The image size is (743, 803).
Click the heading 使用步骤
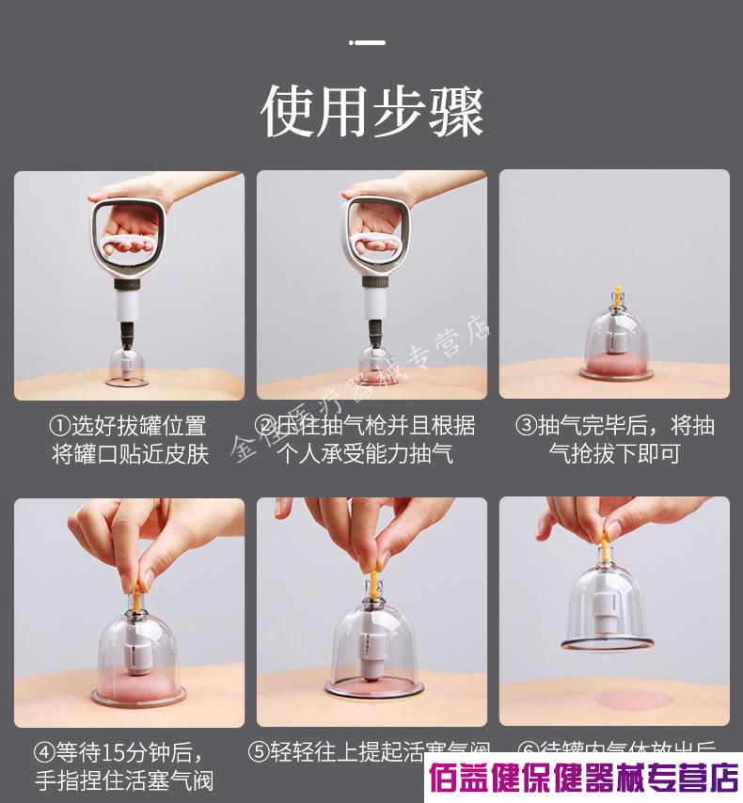pyautogui.click(x=371, y=112)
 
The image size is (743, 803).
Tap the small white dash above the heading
pyautogui.click(x=368, y=42)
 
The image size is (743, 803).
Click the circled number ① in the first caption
pyautogui.click(x=58, y=426)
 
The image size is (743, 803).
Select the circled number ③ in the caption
pyautogui.click(x=525, y=426)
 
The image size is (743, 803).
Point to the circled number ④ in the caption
pyautogui.click(x=44, y=753)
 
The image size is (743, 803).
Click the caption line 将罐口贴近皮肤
pyautogui.click(x=128, y=454)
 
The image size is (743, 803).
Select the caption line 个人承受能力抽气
pyautogui.click(x=366, y=454)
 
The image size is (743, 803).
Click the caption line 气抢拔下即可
pyautogui.click(x=614, y=454)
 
